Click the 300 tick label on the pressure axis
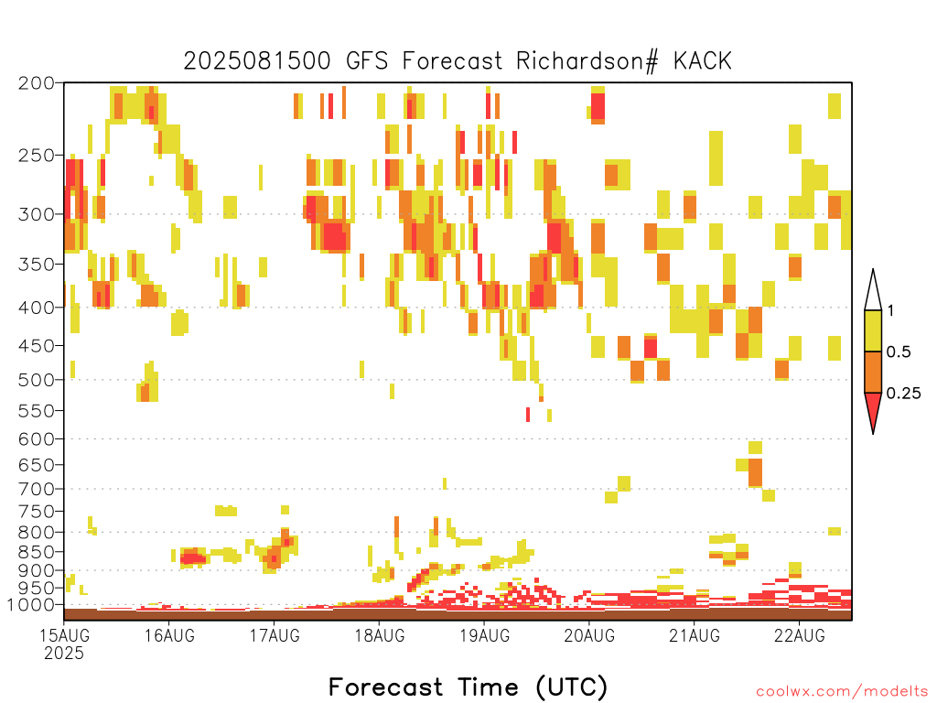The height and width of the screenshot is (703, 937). pyautogui.click(x=37, y=214)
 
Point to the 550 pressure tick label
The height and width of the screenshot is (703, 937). pyautogui.click(x=37, y=411)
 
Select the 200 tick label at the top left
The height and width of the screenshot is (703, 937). pyautogui.click(x=37, y=83)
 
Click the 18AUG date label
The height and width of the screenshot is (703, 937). pyautogui.click(x=380, y=635)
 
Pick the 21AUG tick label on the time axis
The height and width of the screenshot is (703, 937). pyautogui.click(x=695, y=635)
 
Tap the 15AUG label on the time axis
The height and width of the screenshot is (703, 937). pyautogui.click(x=65, y=635)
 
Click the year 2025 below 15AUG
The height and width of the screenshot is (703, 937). pyautogui.click(x=65, y=653)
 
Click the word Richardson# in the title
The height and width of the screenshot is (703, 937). pyautogui.click(x=587, y=61)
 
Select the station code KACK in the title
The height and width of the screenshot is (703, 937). pyautogui.click(x=703, y=61)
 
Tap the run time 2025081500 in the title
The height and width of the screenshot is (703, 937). pyautogui.click(x=257, y=61)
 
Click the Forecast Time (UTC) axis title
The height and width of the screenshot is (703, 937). pyautogui.click(x=468, y=687)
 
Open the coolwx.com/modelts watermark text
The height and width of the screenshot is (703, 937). pyautogui.click(x=842, y=692)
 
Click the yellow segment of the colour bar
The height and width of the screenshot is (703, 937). pyautogui.click(x=873, y=330)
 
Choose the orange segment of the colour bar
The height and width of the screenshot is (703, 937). pyautogui.click(x=873, y=372)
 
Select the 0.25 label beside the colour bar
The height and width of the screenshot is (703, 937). pyautogui.click(x=903, y=393)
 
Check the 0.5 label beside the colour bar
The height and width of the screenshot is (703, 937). pyautogui.click(x=899, y=351)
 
